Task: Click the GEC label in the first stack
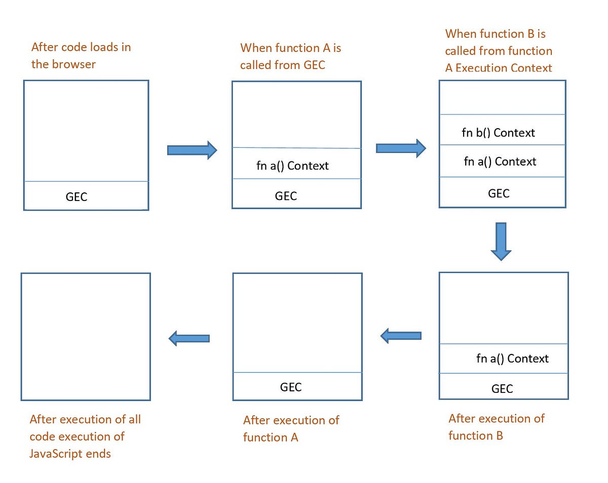click(x=77, y=197)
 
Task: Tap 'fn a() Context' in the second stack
click(x=292, y=166)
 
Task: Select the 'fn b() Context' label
click(x=498, y=133)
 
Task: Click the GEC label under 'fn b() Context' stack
click(x=499, y=193)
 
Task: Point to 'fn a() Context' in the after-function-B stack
click(x=512, y=358)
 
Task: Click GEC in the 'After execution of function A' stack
click(x=291, y=387)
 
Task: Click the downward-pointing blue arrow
click(x=501, y=241)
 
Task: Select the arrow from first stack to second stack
click(x=192, y=150)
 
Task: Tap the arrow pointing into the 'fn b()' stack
click(x=401, y=148)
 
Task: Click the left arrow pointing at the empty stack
click(x=188, y=338)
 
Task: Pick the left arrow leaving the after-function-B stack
click(x=400, y=335)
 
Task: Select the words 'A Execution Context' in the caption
click(x=499, y=68)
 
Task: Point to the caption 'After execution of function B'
click(x=496, y=426)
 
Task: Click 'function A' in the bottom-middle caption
click(x=271, y=437)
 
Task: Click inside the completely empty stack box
click(x=86, y=336)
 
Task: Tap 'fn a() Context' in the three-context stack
click(x=500, y=162)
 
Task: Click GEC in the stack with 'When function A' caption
click(x=286, y=196)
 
